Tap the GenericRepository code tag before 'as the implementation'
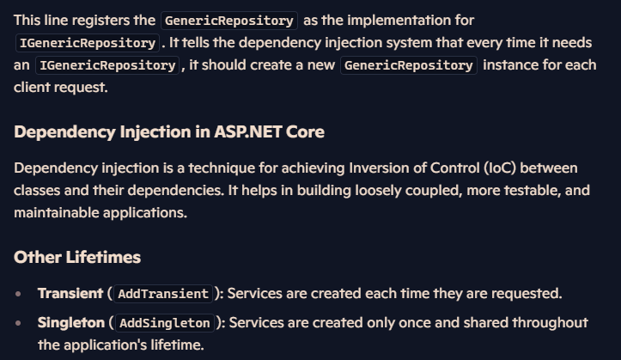(229, 21)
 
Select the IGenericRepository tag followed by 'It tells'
(88, 43)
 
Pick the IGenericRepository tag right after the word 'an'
(107, 65)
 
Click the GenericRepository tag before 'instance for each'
(409, 65)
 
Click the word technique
(222, 168)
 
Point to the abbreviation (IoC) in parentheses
(500, 168)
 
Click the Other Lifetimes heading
(77, 257)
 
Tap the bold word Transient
(70, 294)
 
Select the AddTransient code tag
(163, 294)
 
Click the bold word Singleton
(71, 323)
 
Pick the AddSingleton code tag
(165, 323)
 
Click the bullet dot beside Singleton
(18, 323)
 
